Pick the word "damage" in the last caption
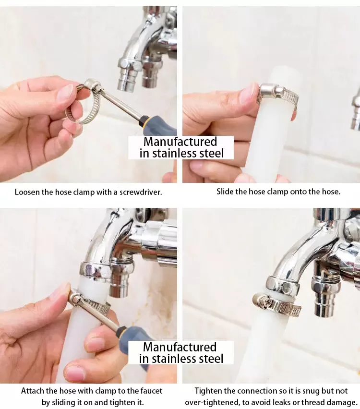click(x=341, y=402)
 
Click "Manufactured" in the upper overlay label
click(x=180, y=142)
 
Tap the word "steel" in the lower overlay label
click(x=211, y=359)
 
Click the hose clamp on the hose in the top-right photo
click(x=278, y=95)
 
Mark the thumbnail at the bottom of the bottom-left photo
click(x=76, y=373)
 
